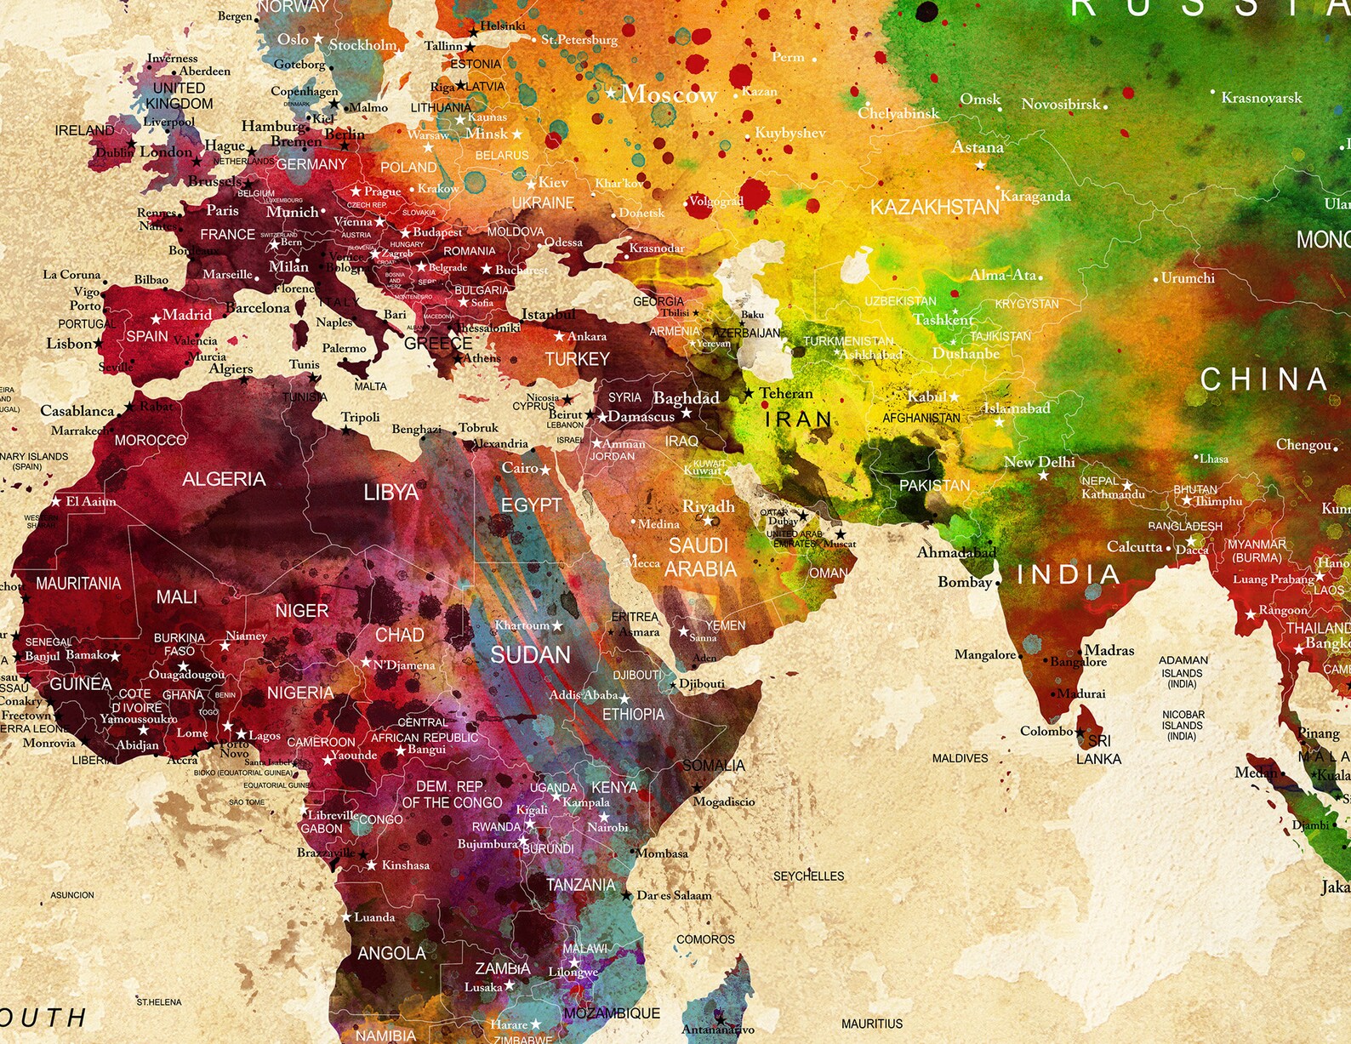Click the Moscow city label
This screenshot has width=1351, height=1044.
coord(669,94)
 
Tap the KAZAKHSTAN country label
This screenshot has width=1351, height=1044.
coord(934,208)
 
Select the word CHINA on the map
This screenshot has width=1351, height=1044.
coord(1264,379)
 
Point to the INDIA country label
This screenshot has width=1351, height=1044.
coord(1069,574)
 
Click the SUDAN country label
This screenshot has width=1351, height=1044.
coord(530,654)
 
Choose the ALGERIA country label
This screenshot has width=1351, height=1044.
coord(224,479)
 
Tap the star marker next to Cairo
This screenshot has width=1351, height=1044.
coord(545,470)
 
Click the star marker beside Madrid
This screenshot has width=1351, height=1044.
coord(156,319)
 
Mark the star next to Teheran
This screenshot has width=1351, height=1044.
coord(749,393)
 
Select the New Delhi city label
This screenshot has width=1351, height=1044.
coord(1039,462)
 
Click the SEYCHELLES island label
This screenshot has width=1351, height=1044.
coord(808,876)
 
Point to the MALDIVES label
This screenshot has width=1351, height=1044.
coord(960,758)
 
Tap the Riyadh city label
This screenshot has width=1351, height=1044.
coord(708,506)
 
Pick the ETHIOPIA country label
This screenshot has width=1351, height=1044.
coord(633,714)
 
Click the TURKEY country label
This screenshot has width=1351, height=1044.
coord(577,359)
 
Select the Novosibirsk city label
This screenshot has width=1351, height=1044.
coord(1061,104)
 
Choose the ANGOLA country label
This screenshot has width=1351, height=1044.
coord(391,953)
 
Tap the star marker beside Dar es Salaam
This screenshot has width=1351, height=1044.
coord(627,895)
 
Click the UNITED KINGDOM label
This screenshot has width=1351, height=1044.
coord(179,95)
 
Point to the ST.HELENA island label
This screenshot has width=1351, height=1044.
coord(159,1001)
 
